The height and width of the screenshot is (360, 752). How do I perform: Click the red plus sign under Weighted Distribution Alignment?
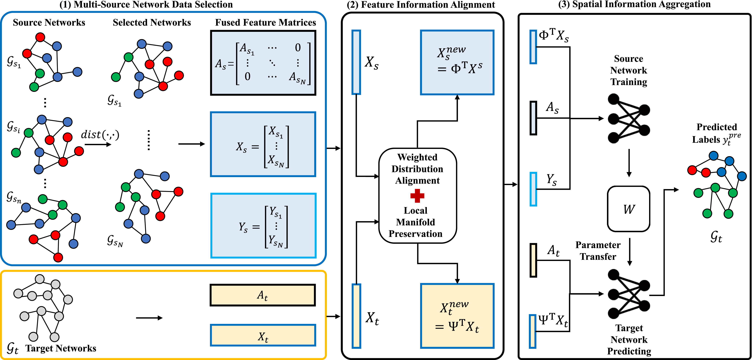[x=417, y=196]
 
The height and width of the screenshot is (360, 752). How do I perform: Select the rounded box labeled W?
[x=628, y=209]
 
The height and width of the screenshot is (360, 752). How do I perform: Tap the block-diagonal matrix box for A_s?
[x=263, y=63]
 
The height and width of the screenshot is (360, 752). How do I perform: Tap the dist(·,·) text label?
[x=100, y=135]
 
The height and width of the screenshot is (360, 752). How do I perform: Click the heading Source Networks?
[x=49, y=22]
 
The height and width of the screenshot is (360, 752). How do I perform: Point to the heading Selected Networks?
[x=152, y=22]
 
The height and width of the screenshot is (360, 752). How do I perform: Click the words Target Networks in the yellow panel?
[x=61, y=348]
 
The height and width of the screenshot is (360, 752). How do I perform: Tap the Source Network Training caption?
[x=628, y=70]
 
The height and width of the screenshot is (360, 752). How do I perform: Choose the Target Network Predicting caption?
[x=629, y=340]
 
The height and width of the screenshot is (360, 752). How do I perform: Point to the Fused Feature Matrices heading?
[x=265, y=22]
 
